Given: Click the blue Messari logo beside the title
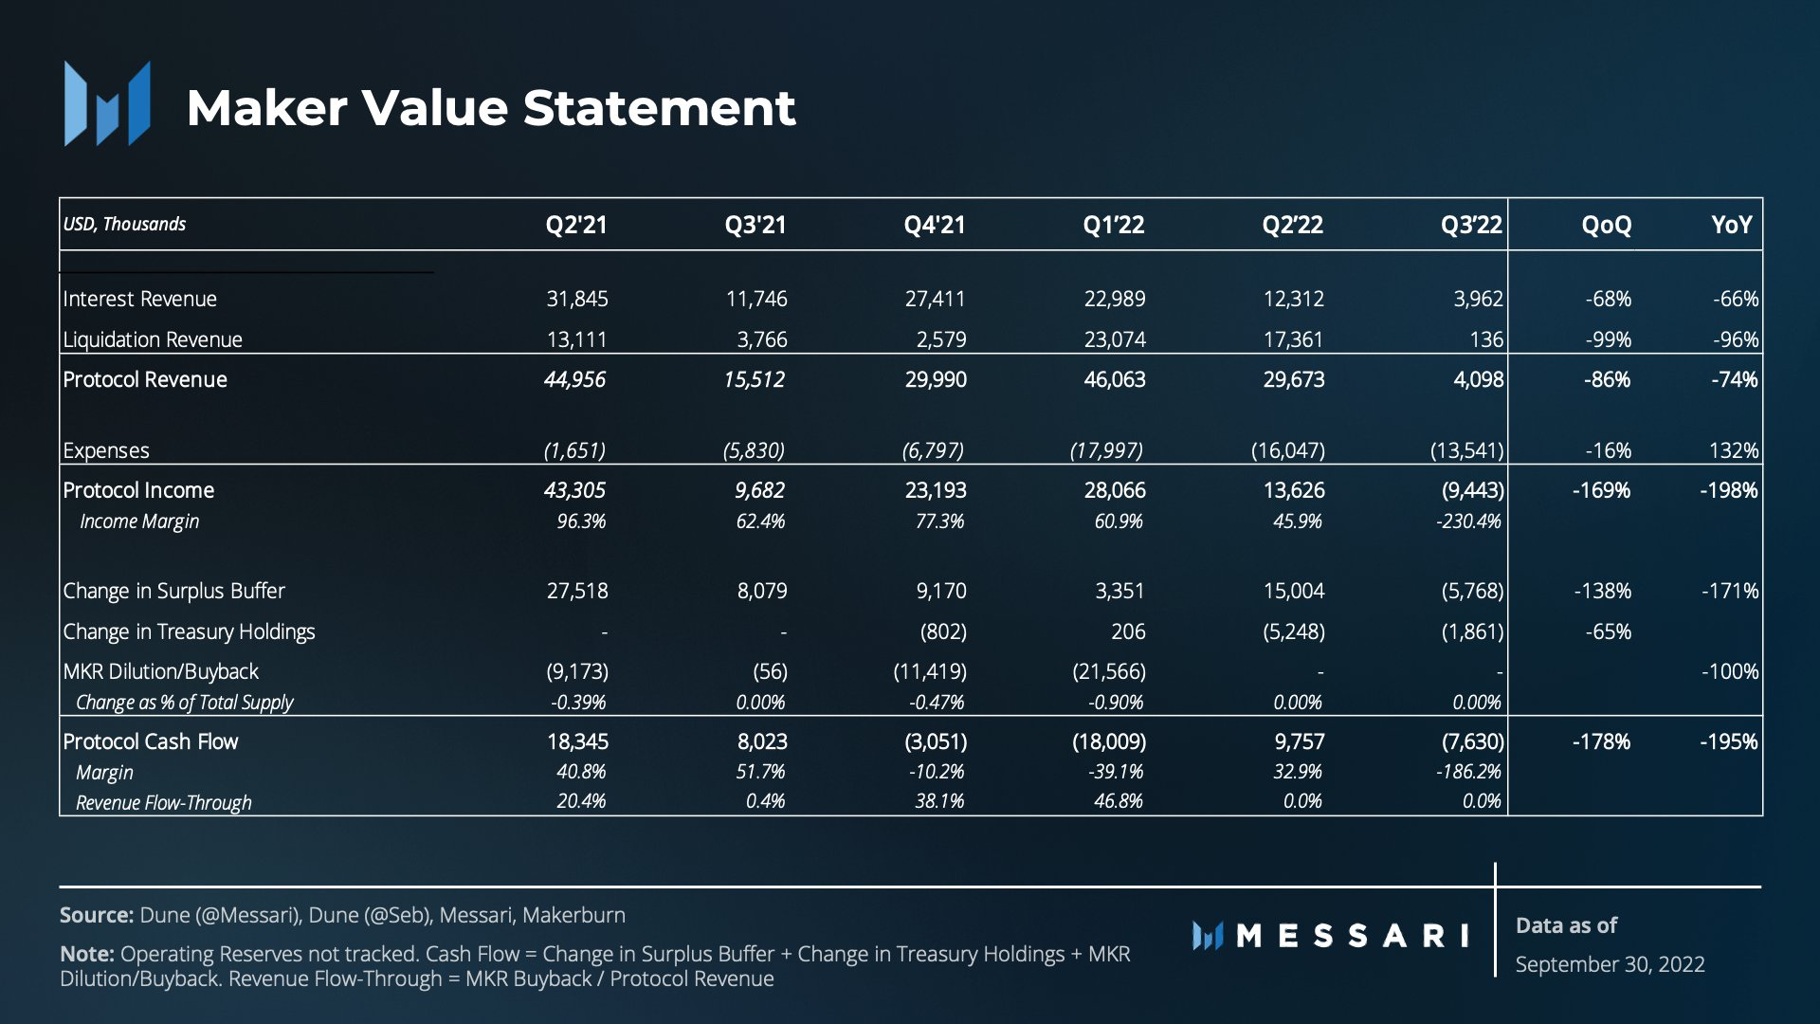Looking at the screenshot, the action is [107, 103].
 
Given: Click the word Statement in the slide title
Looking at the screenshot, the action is [659, 107].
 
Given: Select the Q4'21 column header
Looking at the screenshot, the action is [935, 225].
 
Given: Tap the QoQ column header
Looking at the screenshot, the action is [1607, 225].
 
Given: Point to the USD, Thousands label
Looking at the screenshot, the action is [124, 224].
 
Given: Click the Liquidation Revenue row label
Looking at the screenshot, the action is [153, 339].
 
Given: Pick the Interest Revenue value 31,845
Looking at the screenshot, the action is [577, 299].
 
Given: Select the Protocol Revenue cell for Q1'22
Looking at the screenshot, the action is [1115, 379].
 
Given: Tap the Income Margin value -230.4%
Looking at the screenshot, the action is [1468, 521].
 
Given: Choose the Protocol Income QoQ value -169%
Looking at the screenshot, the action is [1601, 490].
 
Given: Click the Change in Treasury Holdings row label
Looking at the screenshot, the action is [189, 631].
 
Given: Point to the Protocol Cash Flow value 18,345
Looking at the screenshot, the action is [577, 741].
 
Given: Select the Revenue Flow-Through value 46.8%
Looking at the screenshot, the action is [1119, 801].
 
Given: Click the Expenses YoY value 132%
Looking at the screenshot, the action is [1734, 450].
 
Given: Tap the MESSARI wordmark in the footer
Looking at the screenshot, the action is [1331, 936].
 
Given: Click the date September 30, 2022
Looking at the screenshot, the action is [1610, 964].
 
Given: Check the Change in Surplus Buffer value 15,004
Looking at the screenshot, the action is [1294, 591].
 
